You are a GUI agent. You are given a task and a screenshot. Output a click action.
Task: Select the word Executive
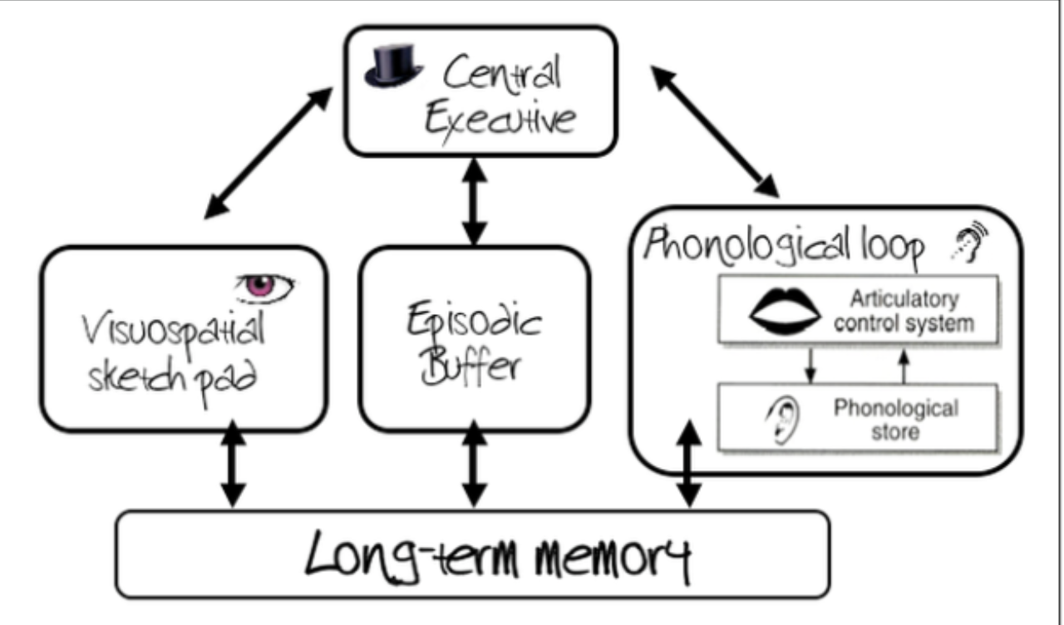499,121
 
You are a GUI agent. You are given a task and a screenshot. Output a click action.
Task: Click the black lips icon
781,312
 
